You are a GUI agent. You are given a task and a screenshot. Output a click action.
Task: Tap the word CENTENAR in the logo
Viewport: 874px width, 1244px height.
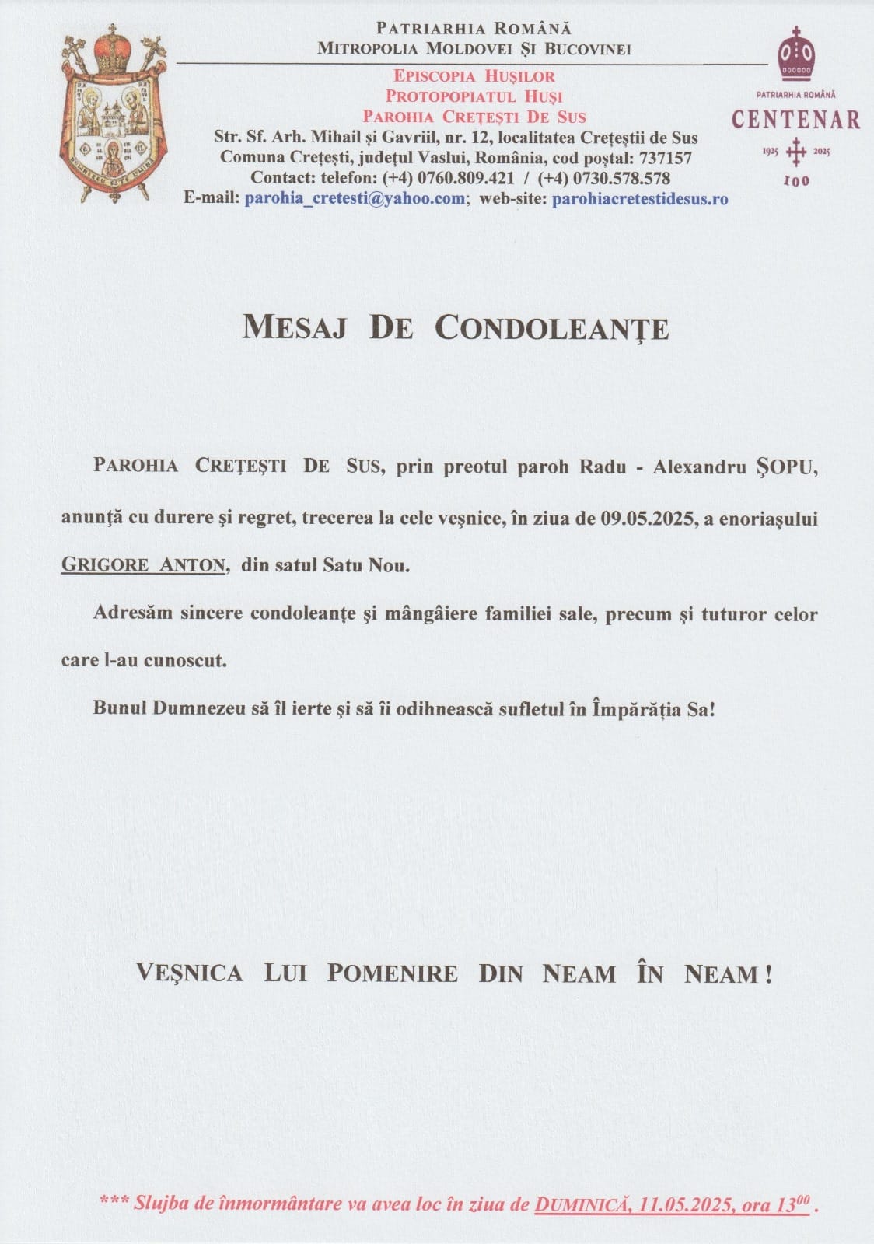coord(795,120)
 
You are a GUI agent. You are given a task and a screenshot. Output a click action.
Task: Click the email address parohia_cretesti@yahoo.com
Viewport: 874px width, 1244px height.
coord(355,198)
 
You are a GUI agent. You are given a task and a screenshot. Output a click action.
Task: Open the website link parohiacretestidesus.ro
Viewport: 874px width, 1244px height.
coord(640,198)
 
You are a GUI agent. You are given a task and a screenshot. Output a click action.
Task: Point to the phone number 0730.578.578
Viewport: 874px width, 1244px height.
coord(622,178)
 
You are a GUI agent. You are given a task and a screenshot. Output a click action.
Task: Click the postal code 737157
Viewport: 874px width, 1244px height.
coord(666,158)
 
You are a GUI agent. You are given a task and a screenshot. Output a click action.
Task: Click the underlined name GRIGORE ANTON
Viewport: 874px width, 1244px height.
coord(143,565)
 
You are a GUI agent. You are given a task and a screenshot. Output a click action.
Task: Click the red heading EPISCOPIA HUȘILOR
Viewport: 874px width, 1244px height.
coord(474,76)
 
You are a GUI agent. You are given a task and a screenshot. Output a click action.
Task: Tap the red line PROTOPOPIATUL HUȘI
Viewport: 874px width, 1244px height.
coord(474,96)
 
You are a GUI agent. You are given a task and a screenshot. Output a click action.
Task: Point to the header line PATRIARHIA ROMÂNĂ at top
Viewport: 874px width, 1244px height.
coord(474,29)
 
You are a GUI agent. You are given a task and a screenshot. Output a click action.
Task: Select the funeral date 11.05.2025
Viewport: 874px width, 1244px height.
coord(687,1205)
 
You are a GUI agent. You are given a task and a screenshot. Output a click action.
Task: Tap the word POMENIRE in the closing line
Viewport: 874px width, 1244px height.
coord(392,973)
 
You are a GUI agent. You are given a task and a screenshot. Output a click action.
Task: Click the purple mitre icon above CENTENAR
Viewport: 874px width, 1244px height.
coord(795,54)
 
